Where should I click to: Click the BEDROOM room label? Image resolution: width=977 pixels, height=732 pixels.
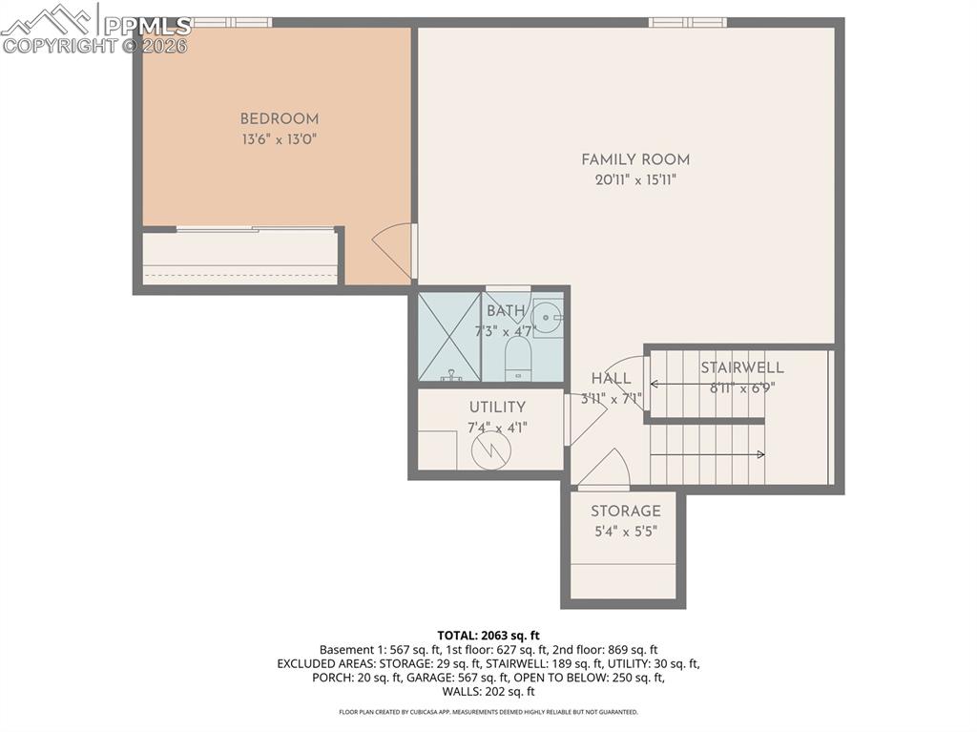[x=279, y=119]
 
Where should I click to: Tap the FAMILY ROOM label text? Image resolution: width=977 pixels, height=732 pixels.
[x=635, y=160]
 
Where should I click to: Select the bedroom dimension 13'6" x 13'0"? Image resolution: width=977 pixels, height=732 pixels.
[x=279, y=139]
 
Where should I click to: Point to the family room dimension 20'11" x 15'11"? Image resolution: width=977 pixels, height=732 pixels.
[x=635, y=180]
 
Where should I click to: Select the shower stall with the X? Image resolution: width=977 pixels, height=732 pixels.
[x=448, y=336]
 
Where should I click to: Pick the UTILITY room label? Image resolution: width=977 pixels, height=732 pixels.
[x=496, y=408]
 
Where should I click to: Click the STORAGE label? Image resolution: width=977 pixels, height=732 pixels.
[x=625, y=512]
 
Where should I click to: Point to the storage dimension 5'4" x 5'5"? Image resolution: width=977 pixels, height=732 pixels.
[x=625, y=532]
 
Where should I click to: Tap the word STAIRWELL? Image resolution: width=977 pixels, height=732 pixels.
[x=742, y=367]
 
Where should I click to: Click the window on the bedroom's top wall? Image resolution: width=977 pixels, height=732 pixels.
[x=232, y=22]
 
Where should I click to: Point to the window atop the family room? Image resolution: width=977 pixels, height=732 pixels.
[x=687, y=22]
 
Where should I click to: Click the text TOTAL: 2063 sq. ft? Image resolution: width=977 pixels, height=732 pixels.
[x=488, y=635]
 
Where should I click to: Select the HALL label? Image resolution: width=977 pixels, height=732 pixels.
[x=611, y=379]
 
